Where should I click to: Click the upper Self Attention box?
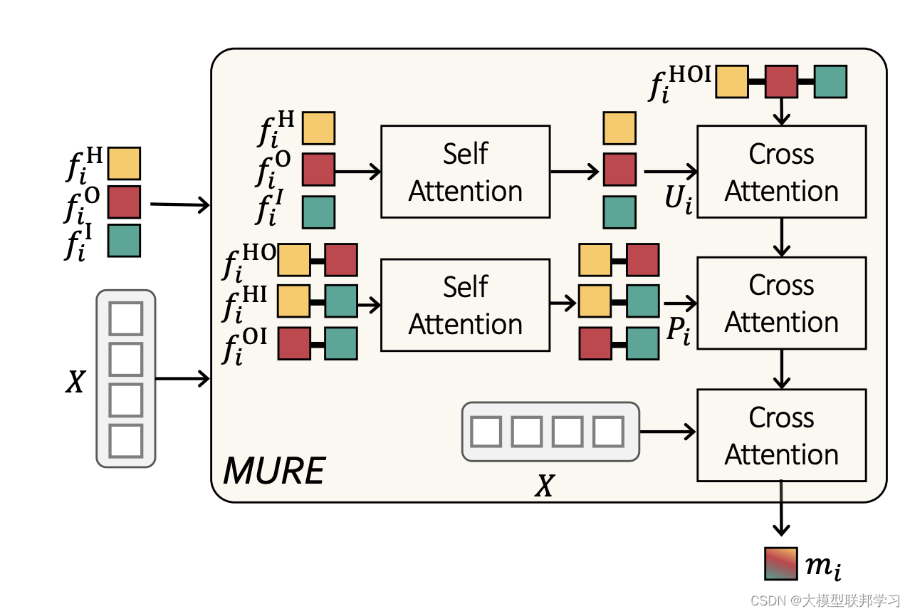click(x=465, y=172)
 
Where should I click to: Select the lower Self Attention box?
click(x=465, y=305)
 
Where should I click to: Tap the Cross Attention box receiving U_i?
click(x=781, y=172)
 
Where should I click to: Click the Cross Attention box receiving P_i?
click(x=781, y=303)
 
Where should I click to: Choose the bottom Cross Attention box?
click(x=781, y=435)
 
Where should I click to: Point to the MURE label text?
click(x=274, y=472)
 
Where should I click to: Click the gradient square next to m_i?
click(x=780, y=563)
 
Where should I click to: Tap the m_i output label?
click(x=823, y=566)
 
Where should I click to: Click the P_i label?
click(x=678, y=331)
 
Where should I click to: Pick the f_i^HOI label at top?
click(x=679, y=85)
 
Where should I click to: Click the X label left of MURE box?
click(x=75, y=383)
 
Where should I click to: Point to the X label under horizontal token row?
click(x=544, y=486)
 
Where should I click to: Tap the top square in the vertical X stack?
click(x=126, y=318)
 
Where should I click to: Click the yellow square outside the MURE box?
click(x=124, y=164)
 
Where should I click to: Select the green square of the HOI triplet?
click(x=830, y=81)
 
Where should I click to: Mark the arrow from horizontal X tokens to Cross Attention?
click(x=667, y=432)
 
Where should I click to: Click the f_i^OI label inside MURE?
click(x=244, y=345)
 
